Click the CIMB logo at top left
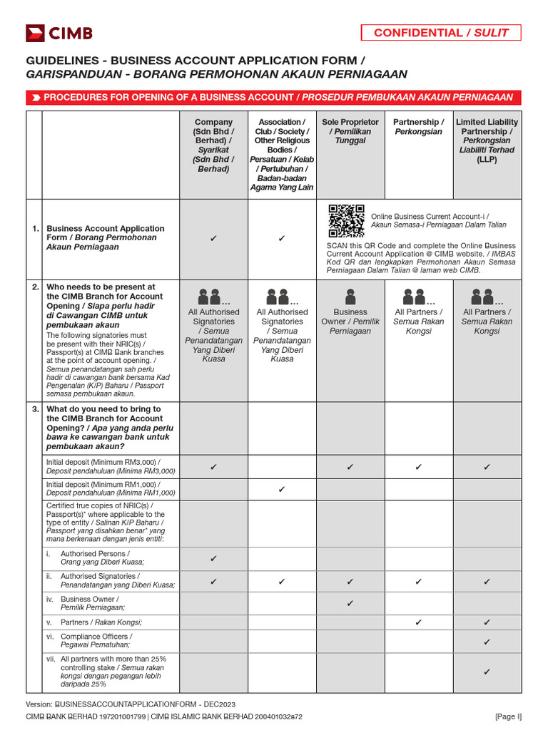[59, 33]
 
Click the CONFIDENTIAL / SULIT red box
[440, 33]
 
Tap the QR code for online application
[346, 221]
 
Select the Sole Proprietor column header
[350, 132]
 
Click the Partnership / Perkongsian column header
[418, 127]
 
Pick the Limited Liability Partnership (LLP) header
[487, 141]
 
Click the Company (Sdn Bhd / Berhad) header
[213, 145]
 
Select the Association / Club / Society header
[282, 155]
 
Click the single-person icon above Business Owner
[350, 295]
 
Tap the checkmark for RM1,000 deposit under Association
[282, 489]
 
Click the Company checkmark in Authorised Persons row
[213, 559]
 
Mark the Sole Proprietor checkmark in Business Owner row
[350, 604]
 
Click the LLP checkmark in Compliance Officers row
[487, 642]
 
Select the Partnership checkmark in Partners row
[418, 622]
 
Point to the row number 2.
[35, 287]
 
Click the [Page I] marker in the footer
[508, 716]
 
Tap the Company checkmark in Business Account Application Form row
[213, 238]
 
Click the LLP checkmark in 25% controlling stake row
[487, 672]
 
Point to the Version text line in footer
[131, 704]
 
